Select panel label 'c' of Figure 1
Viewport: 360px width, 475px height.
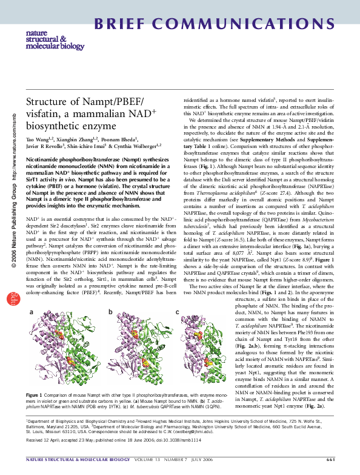click(177, 312)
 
